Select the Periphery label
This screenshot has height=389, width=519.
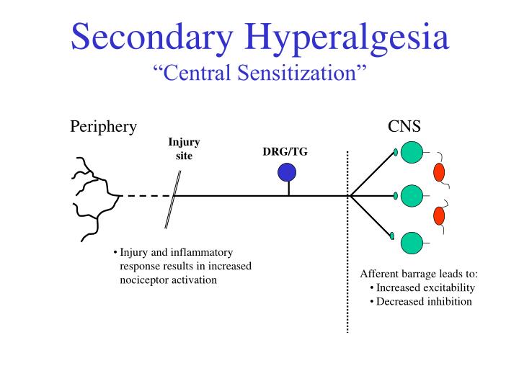103,127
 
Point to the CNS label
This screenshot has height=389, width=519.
404,127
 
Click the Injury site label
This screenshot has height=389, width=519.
184,149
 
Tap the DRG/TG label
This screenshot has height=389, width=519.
285,151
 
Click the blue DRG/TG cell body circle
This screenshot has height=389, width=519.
287,172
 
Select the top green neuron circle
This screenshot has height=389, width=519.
412,153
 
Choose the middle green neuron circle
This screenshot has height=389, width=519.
412,195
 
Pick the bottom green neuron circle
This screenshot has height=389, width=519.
412,243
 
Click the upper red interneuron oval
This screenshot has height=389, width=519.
439,172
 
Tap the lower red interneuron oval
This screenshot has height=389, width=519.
439,215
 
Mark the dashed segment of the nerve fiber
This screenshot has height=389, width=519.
145,195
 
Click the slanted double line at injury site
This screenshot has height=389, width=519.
172,195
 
